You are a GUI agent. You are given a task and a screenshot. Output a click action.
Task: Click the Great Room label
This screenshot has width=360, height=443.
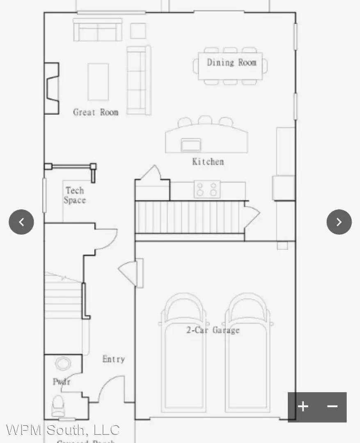[96, 112]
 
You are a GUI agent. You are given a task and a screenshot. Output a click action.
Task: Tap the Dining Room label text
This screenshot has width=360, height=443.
[231, 62]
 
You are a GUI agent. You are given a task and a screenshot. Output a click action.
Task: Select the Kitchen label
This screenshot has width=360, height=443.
[208, 161]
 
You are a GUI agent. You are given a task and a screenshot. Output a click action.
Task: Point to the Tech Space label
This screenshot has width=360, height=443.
[75, 195]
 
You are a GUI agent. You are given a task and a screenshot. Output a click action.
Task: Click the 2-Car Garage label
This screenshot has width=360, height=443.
[213, 330]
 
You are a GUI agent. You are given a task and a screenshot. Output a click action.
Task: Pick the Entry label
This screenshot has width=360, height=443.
[113, 359]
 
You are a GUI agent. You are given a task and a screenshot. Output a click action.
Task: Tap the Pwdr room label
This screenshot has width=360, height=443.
[62, 381]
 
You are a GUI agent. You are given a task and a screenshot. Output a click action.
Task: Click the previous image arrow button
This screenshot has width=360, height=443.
[21, 222]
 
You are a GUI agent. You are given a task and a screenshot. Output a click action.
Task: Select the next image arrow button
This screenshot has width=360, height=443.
[339, 222]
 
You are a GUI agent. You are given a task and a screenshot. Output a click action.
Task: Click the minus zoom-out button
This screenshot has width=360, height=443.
[332, 406]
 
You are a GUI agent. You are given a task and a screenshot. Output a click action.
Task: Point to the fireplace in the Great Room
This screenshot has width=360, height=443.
[52, 88]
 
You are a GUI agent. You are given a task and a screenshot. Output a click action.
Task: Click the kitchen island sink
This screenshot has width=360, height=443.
[191, 145]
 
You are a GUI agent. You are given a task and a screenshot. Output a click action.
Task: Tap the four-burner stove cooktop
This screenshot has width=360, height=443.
[207, 189]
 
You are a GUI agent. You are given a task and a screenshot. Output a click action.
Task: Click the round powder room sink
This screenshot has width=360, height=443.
[63, 363]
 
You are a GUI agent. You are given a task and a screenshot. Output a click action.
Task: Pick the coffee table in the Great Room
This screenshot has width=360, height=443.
[98, 82]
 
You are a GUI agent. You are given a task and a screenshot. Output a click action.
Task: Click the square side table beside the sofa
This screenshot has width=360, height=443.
[138, 31]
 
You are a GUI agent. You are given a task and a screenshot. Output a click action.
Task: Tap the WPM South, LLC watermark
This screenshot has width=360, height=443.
[63, 430]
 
